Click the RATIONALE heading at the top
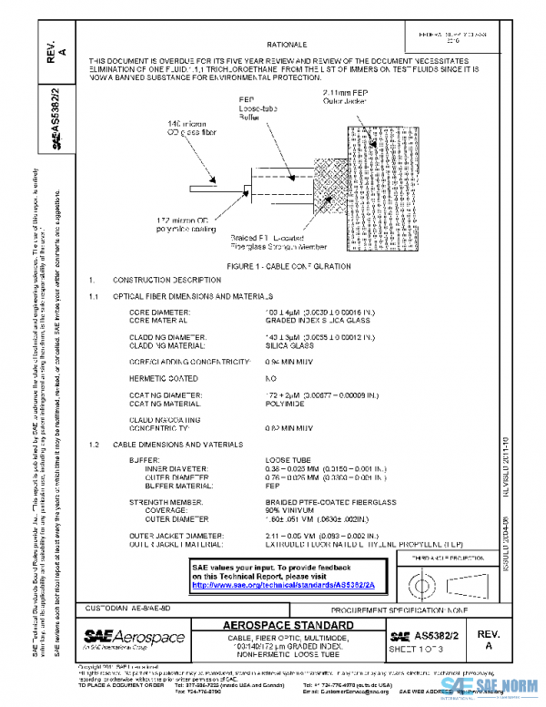pyautogui.click(x=286, y=44)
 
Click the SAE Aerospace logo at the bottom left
pyautogui.click(x=135, y=636)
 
